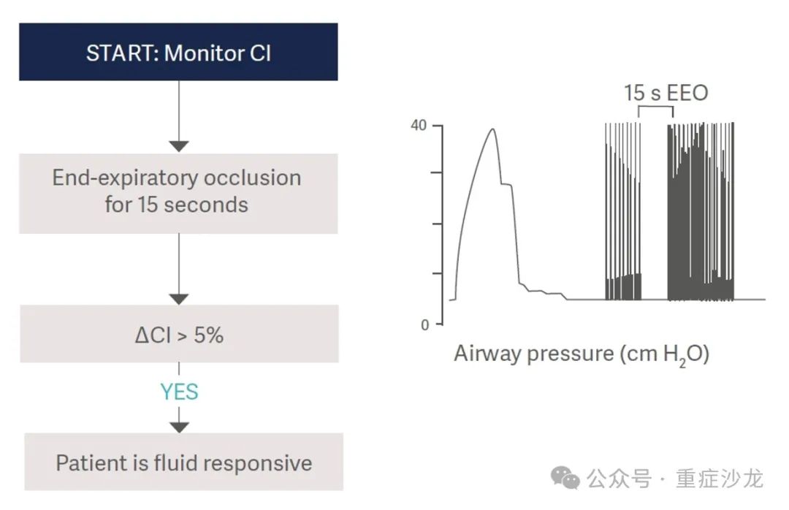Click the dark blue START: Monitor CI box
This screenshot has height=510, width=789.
pyautogui.click(x=178, y=52)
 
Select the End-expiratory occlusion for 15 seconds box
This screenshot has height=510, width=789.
pyautogui.click(x=178, y=194)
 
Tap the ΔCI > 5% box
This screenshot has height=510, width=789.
pyautogui.click(x=179, y=333)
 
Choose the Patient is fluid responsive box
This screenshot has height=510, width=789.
pyautogui.click(x=183, y=462)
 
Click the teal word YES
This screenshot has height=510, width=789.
pyautogui.click(x=179, y=392)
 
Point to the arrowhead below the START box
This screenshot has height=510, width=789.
pyautogui.click(x=179, y=147)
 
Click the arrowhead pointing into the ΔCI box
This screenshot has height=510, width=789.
pyautogui.click(x=179, y=299)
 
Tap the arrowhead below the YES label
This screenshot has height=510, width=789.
pyautogui.click(x=179, y=427)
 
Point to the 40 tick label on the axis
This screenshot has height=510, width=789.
pyautogui.click(x=419, y=125)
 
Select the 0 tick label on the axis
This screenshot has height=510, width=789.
pyautogui.click(x=425, y=324)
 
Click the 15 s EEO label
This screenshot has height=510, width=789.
pyautogui.click(x=666, y=93)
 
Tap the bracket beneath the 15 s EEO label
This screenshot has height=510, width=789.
pyautogui.click(x=655, y=106)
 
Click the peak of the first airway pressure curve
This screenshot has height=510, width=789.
pyautogui.click(x=493, y=129)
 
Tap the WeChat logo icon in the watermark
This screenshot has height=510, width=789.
pyautogui.click(x=565, y=477)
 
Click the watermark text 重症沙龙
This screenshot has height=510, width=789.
pyautogui.click(x=720, y=479)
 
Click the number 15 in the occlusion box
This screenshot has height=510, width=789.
pyautogui.click(x=148, y=205)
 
